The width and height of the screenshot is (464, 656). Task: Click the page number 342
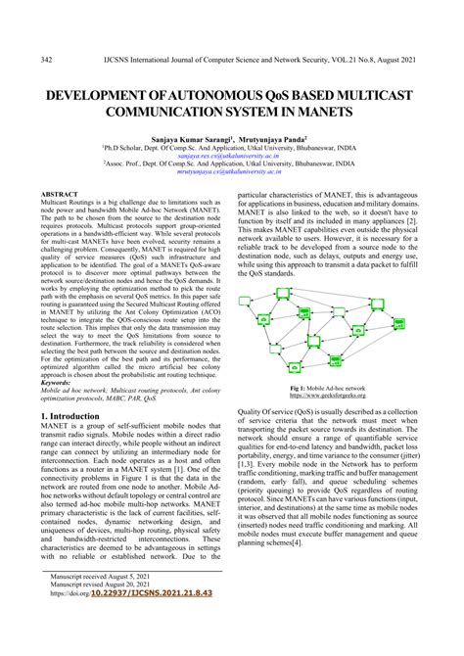46,61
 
